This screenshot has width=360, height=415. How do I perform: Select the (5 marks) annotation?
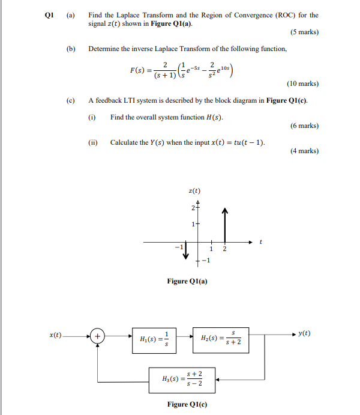coord(304,32)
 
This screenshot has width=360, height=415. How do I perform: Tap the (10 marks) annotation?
coord(302,85)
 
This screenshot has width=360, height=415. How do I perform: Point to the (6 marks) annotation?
coord(304,126)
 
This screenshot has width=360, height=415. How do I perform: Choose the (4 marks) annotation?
coord(304,151)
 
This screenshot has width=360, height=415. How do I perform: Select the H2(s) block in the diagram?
coord(220,340)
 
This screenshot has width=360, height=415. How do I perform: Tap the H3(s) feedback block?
coord(182,378)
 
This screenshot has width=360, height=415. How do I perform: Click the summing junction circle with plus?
coord(97,336)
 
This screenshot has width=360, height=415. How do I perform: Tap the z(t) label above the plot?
coord(195,192)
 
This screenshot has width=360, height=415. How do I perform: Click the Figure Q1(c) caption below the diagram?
coord(187,404)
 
